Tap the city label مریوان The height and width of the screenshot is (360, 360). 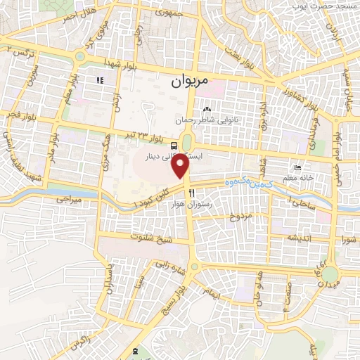point(189,82)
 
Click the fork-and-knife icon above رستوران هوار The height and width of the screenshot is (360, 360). point(190,193)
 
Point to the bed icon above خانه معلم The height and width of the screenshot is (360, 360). point(299,169)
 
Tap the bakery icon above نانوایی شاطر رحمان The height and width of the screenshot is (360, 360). point(207,110)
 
